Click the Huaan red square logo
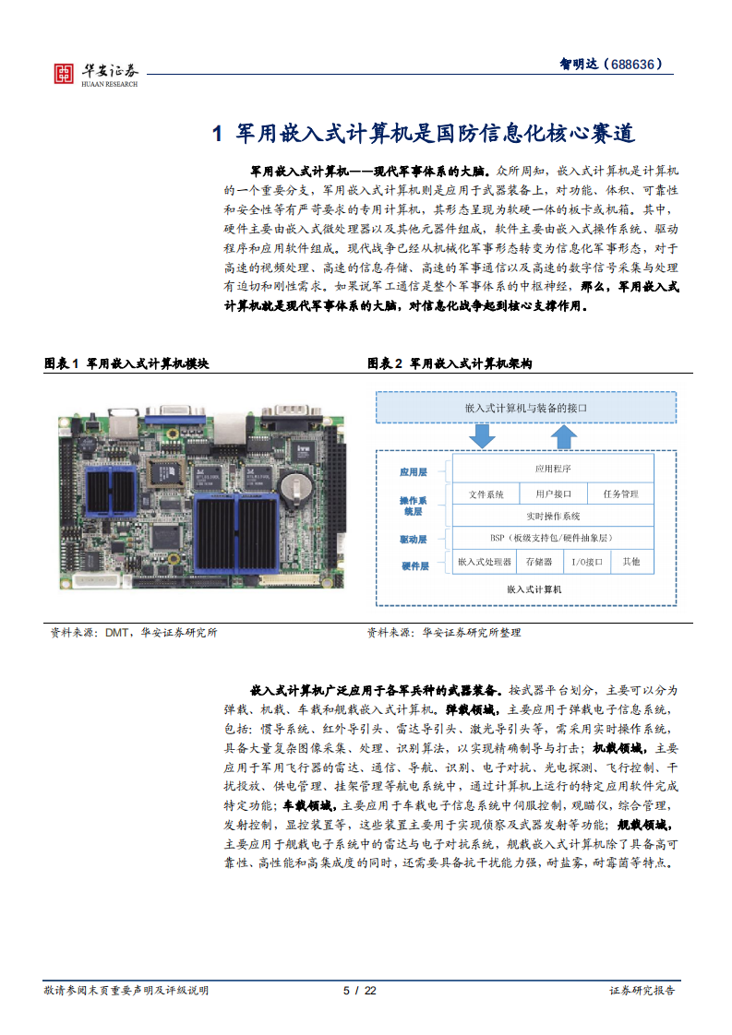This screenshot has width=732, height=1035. pyautogui.click(x=64, y=73)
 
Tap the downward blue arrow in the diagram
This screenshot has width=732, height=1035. pyautogui.click(x=482, y=436)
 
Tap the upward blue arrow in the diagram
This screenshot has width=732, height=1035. pyautogui.click(x=563, y=436)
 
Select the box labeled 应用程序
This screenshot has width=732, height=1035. pyautogui.click(x=553, y=469)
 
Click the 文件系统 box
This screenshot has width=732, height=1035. pyautogui.click(x=486, y=494)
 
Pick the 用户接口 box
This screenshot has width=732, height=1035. pyautogui.click(x=553, y=494)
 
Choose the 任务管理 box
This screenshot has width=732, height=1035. pyautogui.click(x=620, y=494)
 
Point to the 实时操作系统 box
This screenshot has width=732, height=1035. pyautogui.click(x=553, y=516)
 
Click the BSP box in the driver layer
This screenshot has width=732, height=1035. pyautogui.click(x=553, y=538)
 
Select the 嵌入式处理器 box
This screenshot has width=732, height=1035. pyautogui.click(x=485, y=562)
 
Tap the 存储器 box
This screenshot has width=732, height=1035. pyautogui.click(x=538, y=562)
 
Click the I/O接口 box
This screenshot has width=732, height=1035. pyautogui.click(x=587, y=562)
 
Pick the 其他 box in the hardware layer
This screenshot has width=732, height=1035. pyautogui.click(x=632, y=562)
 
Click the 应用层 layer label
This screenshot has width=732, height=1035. pyautogui.click(x=414, y=472)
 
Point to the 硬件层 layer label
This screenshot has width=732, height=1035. pyautogui.click(x=414, y=565)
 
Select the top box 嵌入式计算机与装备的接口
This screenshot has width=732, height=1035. pyautogui.click(x=526, y=408)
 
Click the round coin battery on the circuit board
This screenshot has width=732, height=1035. pyautogui.click(x=296, y=485)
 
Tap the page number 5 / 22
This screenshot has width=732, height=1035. pyautogui.click(x=360, y=991)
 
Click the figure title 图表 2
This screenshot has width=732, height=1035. pyautogui.click(x=385, y=363)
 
